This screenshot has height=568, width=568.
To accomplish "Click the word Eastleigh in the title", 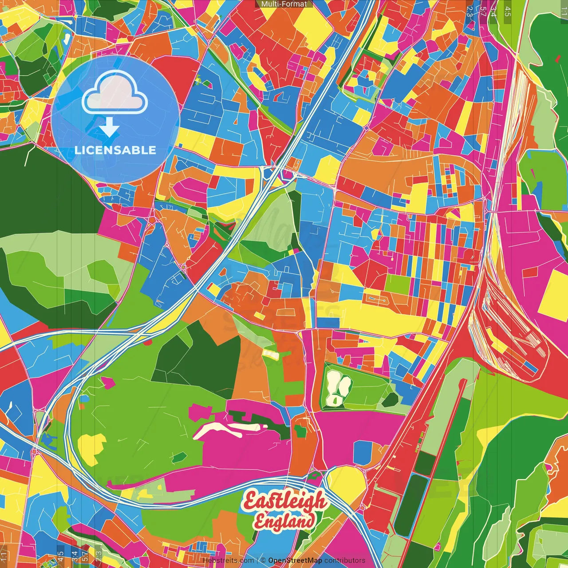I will (284, 502).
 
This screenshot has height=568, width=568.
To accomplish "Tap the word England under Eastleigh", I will (284, 521).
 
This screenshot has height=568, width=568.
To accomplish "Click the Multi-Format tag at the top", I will (284, 4).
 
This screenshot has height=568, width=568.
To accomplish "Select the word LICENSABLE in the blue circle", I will (115, 150).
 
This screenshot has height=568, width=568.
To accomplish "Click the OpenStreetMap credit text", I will (295, 560).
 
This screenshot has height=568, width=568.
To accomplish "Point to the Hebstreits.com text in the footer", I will (228, 560).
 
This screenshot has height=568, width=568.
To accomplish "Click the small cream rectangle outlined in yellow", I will (270, 354).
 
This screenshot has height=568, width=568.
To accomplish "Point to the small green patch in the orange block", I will (300, 430).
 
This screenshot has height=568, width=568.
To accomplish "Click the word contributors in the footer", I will (344, 560).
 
